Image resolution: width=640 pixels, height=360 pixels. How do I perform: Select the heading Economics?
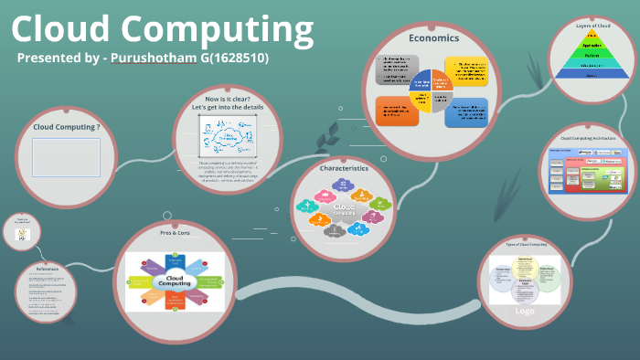coord(433,38)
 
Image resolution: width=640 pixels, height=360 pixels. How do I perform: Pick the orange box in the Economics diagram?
coord(397,111)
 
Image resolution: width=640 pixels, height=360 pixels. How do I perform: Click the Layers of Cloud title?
coord(592,26)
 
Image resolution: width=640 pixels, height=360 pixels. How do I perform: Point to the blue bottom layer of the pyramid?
coord(592,76)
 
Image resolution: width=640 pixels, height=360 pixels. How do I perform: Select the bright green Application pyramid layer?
coord(592,44)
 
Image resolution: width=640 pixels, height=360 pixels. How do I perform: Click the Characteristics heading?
coord(344,168)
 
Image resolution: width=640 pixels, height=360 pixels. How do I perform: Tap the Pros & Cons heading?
coord(173,234)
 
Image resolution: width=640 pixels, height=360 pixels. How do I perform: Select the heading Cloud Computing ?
coord(66,127)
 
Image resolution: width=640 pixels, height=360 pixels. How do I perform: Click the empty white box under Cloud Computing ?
coord(66,157)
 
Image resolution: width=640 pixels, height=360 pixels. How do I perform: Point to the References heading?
coord(48,269)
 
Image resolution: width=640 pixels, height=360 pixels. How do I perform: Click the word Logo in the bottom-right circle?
coord(525,310)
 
